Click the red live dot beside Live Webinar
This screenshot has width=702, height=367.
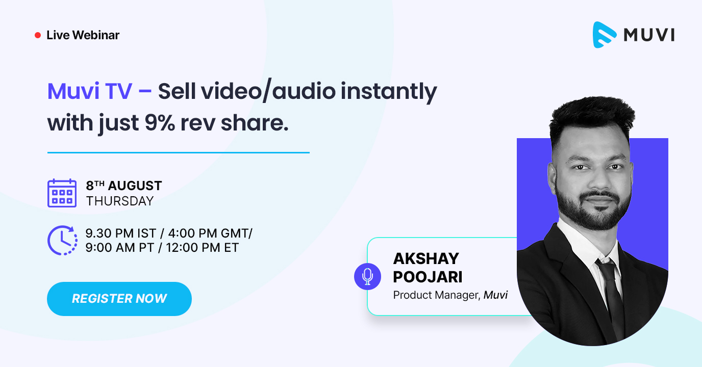click(x=37, y=35)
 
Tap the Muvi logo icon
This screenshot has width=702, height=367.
click(x=604, y=35)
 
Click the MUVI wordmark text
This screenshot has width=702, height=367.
click(x=649, y=35)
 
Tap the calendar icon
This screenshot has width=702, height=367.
click(x=62, y=193)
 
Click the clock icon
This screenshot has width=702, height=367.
click(x=62, y=240)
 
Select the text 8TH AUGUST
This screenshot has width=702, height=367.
click(x=124, y=186)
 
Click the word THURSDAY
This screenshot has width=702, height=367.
click(x=120, y=201)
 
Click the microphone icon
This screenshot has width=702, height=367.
click(x=367, y=276)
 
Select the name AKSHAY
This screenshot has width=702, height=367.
click(x=426, y=258)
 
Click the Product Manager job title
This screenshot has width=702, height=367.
click(x=435, y=295)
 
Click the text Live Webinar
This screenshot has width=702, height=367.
click(x=83, y=35)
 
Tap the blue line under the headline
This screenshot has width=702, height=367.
click(x=179, y=152)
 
